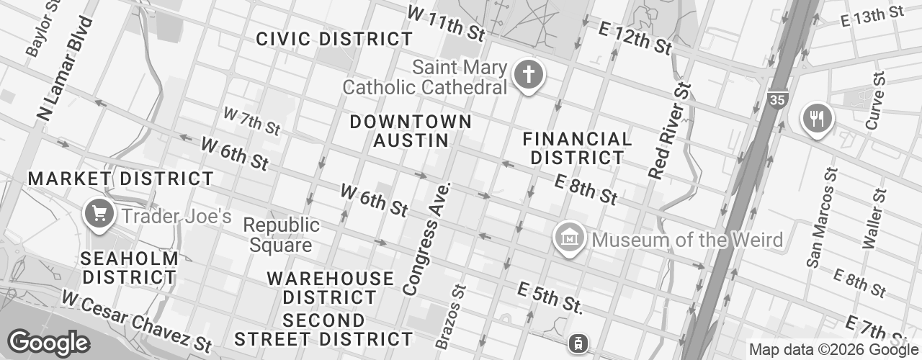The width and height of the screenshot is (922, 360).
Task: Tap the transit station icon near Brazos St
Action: click(x=576, y=343)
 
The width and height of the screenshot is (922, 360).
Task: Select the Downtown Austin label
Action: click(x=411, y=131)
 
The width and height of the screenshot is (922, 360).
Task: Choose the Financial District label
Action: click(x=577, y=148)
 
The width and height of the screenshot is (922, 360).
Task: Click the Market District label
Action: click(x=120, y=178)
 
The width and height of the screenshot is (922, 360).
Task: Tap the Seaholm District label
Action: click(x=130, y=267)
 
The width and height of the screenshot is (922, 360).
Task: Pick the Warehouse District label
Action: click(x=331, y=287)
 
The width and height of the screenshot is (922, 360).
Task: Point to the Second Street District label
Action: click(x=323, y=329)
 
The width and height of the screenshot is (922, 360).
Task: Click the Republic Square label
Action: click(x=281, y=235)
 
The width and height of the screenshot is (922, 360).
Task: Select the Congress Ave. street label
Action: click(x=426, y=238)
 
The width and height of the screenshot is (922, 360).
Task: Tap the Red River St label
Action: click(x=670, y=130)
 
